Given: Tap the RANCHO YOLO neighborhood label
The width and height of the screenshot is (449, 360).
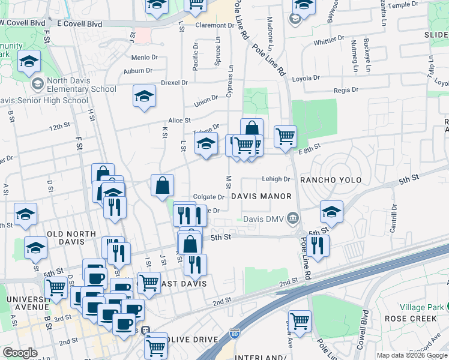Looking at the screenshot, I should click(x=327, y=180).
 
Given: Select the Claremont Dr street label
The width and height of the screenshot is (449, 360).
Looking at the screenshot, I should click(x=214, y=26).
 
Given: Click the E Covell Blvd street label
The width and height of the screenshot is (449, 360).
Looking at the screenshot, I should click(x=79, y=24).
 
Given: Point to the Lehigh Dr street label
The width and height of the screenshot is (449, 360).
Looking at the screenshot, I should click(x=276, y=179).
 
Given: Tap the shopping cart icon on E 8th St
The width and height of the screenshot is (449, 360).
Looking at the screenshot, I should click(x=285, y=136).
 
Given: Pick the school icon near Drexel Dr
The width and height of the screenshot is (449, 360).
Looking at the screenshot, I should click(x=144, y=97).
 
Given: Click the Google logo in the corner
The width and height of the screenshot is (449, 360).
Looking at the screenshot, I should click(x=20, y=353).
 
